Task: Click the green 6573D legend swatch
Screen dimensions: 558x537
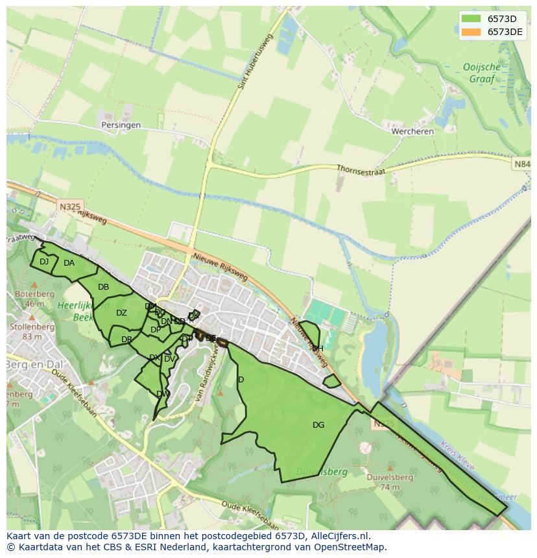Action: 471,18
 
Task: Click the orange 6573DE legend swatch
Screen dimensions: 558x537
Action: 471,31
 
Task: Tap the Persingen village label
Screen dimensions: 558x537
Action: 121,125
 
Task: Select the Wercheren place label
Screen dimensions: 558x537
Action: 412,131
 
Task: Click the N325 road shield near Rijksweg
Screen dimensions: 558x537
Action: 71,207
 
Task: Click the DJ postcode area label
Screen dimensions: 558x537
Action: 44,262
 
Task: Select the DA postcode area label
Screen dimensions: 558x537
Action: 69,263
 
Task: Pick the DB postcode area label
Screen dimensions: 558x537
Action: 103,287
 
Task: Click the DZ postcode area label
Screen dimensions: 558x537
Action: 121,313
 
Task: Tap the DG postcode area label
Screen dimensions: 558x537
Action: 318,425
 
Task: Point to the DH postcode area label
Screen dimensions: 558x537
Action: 317,349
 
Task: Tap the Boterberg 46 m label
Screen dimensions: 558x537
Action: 34,299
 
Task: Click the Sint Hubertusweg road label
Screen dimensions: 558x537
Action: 253,61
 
